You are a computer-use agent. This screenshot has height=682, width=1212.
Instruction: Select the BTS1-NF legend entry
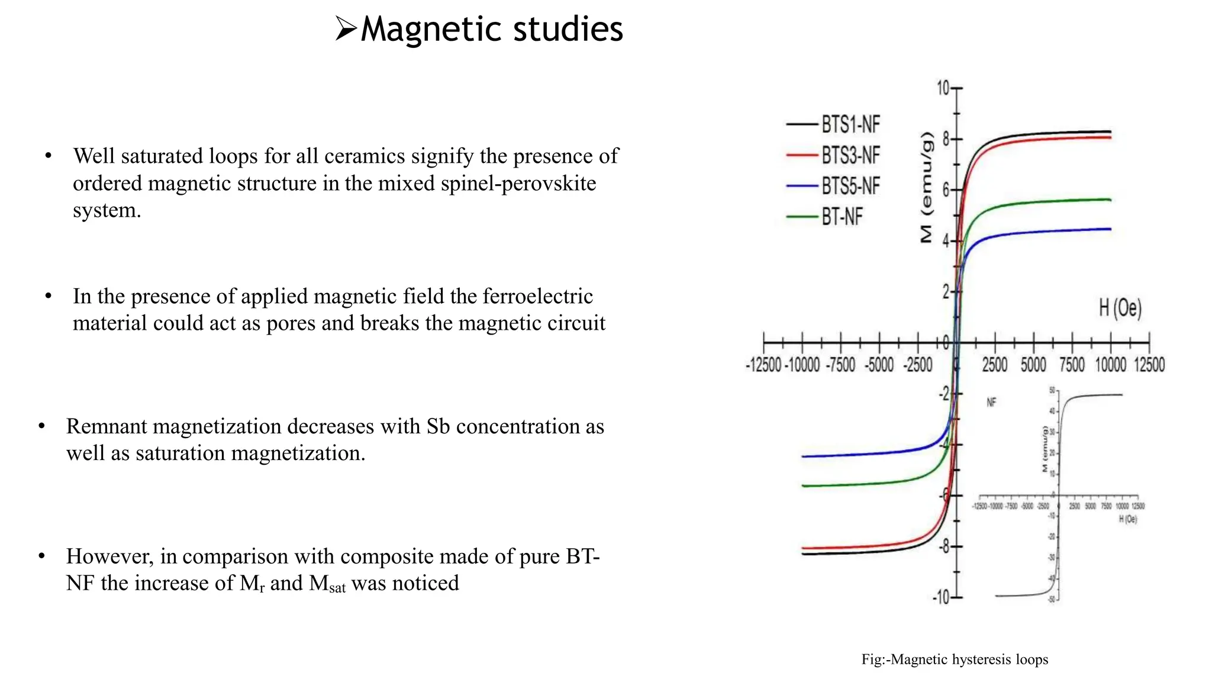[850, 124]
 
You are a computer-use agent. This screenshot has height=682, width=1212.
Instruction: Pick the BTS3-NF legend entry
[850, 155]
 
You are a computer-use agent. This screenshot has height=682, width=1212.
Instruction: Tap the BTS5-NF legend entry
[850, 186]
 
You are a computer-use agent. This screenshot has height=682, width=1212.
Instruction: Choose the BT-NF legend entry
[842, 217]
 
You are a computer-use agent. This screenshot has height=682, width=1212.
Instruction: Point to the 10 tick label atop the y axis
[943, 88]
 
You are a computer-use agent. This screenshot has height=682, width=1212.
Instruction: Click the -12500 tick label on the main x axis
[763, 365]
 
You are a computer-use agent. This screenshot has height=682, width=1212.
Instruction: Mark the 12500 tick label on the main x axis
[1149, 365]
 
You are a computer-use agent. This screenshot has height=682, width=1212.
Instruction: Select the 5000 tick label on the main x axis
[1033, 365]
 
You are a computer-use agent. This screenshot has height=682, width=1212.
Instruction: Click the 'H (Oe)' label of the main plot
[1120, 308]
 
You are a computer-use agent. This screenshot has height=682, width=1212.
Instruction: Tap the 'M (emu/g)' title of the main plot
[927, 187]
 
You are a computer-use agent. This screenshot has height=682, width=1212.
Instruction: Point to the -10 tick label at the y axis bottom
[940, 597]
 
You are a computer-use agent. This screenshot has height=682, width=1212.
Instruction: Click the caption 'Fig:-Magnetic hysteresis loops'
[955, 660]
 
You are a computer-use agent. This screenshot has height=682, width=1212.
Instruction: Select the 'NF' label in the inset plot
[991, 403]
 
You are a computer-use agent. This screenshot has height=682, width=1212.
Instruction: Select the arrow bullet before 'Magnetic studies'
[346, 28]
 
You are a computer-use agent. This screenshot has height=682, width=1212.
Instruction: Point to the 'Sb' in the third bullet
[438, 426]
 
